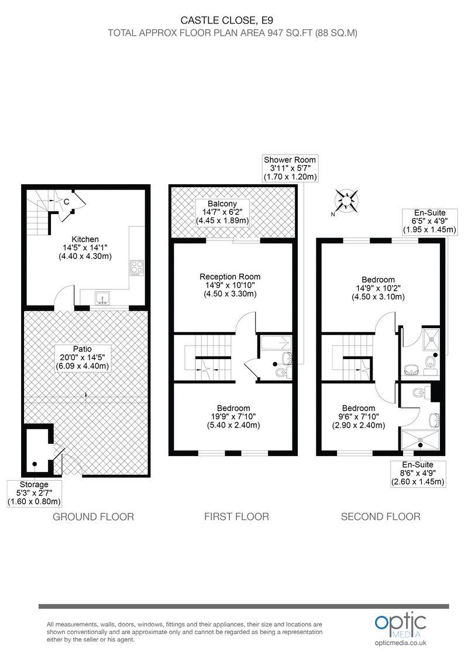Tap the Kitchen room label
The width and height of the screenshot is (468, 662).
85,247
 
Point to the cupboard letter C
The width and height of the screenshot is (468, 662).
67,202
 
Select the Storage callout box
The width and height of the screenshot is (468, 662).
35,492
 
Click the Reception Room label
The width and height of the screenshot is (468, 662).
229,285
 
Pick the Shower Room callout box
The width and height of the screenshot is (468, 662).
290,168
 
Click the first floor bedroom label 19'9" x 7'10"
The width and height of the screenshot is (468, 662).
233,416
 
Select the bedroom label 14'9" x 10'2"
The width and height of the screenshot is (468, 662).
377,288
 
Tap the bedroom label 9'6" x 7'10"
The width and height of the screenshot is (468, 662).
359,416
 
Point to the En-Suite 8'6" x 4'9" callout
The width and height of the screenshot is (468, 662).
418,473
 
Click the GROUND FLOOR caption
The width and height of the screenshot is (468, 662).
94,516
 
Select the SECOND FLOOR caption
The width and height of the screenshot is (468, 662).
380,516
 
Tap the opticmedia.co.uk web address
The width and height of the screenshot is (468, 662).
401,643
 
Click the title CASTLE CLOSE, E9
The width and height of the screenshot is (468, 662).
232,20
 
